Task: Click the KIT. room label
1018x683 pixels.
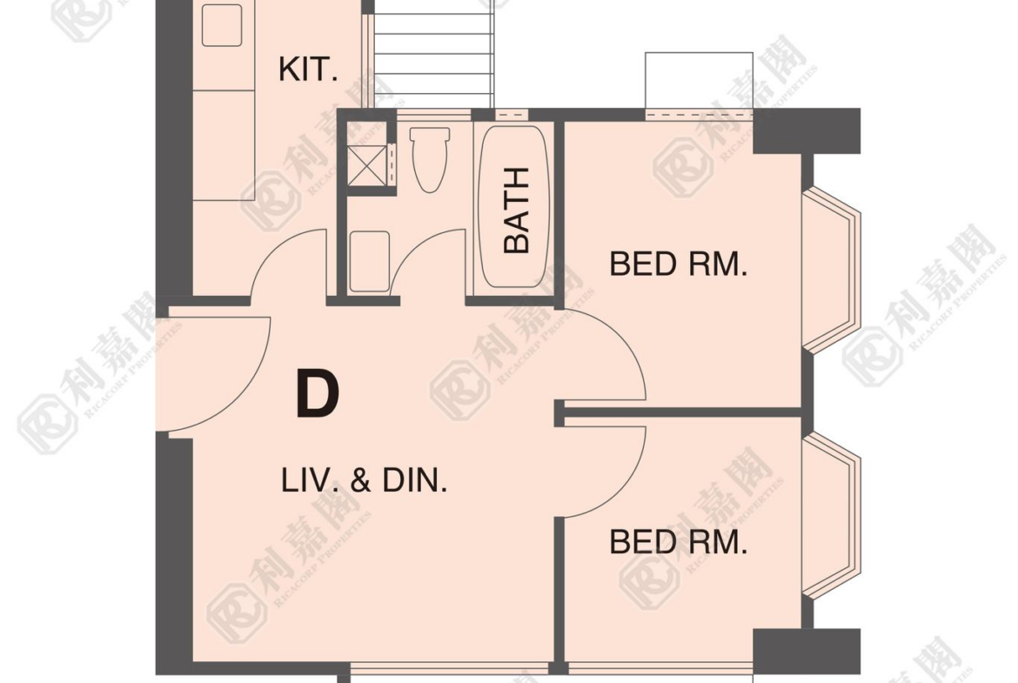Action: tap(308, 70)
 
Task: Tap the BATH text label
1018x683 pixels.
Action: tap(517, 210)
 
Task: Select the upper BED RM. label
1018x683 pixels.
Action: tap(679, 264)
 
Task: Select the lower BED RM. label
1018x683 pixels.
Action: tap(679, 541)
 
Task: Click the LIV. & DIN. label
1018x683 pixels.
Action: tap(365, 480)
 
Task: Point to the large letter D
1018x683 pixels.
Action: tap(318, 392)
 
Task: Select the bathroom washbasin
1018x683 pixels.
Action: tap(370, 261)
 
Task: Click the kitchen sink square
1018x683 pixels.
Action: tap(222, 25)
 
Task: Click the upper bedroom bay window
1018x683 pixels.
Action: tap(832, 270)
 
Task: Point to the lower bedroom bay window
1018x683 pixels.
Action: tap(832, 515)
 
